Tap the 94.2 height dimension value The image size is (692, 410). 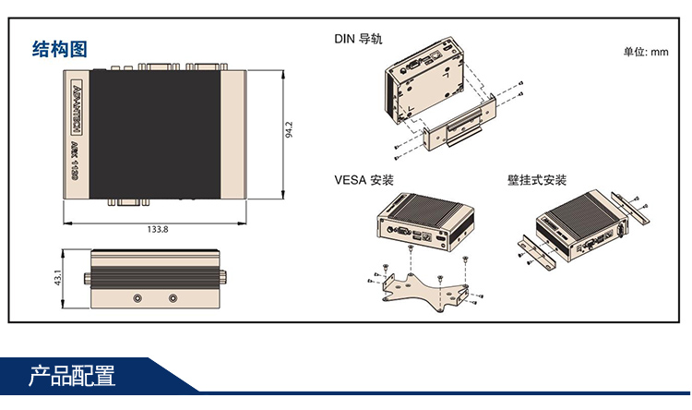click(289, 130)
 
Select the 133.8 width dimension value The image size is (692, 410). click(158, 230)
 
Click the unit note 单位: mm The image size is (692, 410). click(646, 52)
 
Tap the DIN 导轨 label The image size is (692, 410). click(358, 39)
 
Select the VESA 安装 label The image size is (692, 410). click(364, 179)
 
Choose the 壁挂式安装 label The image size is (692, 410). click(536, 179)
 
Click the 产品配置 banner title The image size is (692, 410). click(72, 377)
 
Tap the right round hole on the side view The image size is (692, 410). click(173, 298)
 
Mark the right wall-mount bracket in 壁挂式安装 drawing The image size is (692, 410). click(631, 209)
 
